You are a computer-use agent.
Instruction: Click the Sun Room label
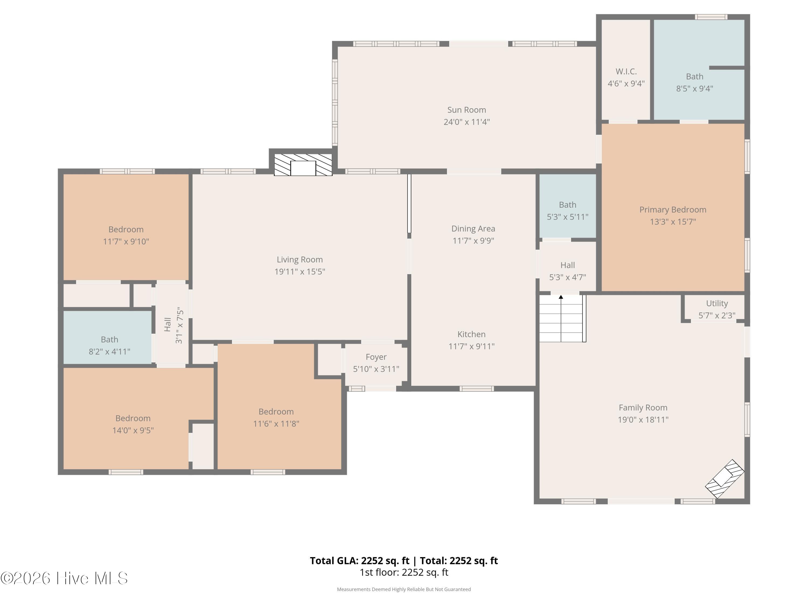pyautogui.click(x=466, y=110)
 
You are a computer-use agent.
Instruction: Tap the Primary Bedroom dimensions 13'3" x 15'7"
pyautogui.click(x=673, y=222)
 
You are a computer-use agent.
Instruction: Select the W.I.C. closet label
pyautogui.click(x=626, y=72)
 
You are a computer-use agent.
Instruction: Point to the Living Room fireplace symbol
pyautogui.click(x=303, y=164)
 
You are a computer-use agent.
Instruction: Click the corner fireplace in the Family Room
pyautogui.click(x=724, y=479)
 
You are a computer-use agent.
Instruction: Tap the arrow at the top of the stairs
pyautogui.click(x=561, y=297)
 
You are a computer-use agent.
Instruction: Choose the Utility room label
pyautogui.click(x=717, y=304)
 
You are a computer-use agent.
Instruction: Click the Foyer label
pyautogui.click(x=376, y=357)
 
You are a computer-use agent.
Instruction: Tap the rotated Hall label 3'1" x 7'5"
pyautogui.click(x=173, y=325)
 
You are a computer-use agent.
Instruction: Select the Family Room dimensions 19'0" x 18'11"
pyautogui.click(x=643, y=420)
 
